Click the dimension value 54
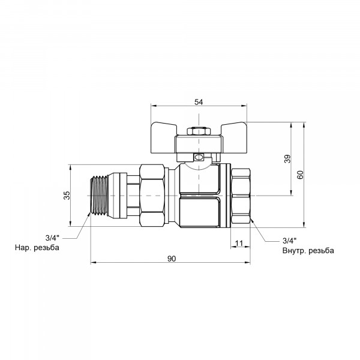[199, 102]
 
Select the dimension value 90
[171, 259]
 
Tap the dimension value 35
[67, 195]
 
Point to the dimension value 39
[287, 158]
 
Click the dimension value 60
[300, 175]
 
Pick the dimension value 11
[239, 243]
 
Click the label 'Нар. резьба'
[37, 247]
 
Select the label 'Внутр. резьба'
[308, 250]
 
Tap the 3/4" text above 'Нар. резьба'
[52, 238]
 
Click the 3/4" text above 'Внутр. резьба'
[290, 241]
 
